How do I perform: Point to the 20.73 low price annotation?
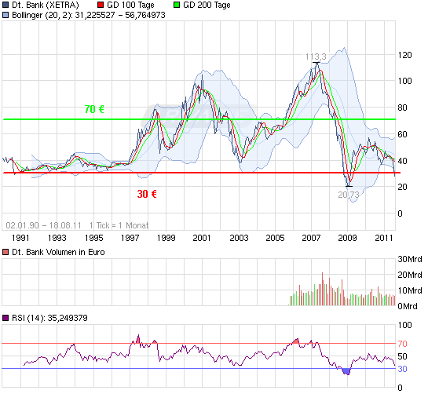click(349, 194)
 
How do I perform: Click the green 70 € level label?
click(94, 109)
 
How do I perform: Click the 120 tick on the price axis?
click(405, 55)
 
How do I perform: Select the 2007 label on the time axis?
click(311, 237)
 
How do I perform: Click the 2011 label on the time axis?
click(384, 237)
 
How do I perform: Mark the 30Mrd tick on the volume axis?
click(410, 260)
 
